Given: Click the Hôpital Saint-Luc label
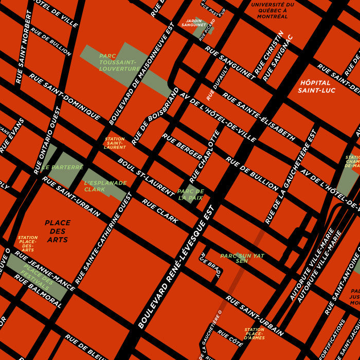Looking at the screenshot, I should coord(316,86).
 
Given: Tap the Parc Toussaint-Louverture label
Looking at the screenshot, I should coord(119,62).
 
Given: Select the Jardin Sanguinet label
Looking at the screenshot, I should coord(193,23).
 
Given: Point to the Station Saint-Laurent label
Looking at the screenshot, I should coord(115,143).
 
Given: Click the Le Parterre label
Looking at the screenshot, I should coord(62,167).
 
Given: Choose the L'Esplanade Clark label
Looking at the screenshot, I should coord(105,186).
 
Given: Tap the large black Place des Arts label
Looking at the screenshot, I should coord(57,231).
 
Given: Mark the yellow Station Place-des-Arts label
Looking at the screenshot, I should coord(28,243).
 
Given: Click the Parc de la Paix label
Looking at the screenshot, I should coord(190,194).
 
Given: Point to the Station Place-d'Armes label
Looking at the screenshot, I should coord(255,334).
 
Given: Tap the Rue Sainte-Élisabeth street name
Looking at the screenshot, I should coord(259,117).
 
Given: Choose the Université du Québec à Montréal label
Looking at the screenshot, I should coord(273,10).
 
